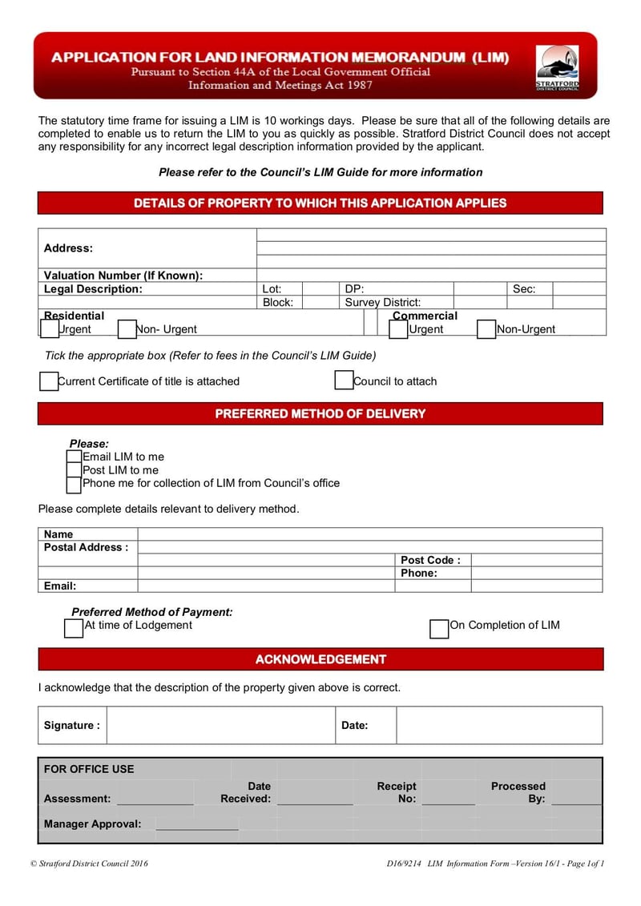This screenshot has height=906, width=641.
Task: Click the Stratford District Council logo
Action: click(x=557, y=67)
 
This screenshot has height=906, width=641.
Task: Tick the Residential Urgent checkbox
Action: click(x=50, y=329)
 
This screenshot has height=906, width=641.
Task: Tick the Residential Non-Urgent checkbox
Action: click(x=127, y=329)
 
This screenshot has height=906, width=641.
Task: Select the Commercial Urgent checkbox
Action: click(x=398, y=329)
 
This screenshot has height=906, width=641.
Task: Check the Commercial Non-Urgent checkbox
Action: click(x=486, y=329)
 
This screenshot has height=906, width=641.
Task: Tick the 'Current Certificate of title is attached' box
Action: click(x=49, y=381)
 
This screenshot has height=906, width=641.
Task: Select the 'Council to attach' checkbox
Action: click(x=344, y=381)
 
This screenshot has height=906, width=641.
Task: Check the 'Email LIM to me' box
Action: click(x=74, y=457)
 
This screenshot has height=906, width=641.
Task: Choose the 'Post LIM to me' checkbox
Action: click(x=74, y=470)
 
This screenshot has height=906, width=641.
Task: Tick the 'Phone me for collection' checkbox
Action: click(x=74, y=484)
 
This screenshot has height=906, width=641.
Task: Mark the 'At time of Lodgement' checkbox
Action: click(x=74, y=628)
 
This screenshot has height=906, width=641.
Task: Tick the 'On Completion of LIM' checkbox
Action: click(x=439, y=629)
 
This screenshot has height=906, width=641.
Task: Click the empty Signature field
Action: click(x=220, y=725)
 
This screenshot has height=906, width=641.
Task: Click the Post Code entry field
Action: click(x=536, y=560)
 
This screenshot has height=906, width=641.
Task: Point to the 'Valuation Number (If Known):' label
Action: click(x=123, y=276)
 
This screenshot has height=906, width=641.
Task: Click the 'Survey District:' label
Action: click(x=383, y=303)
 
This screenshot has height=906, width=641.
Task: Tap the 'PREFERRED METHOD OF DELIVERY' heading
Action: click(x=320, y=413)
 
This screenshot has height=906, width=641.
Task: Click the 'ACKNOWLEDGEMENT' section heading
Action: click(x=320, y=659)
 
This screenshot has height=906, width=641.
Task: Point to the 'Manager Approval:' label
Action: click(x=92, y=823)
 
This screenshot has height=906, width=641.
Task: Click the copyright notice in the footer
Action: click(x=89, y=864)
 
